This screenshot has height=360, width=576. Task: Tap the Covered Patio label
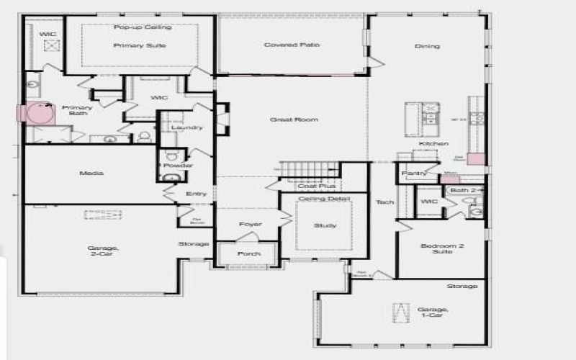point(292,45)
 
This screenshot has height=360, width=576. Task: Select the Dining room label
point(427,47)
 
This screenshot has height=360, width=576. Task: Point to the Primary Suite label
point(140,45)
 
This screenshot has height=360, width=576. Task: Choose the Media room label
point(93,174)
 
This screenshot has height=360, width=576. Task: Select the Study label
point(325,226)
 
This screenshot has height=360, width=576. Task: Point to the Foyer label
point(250,224)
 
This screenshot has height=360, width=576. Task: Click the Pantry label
point(414,173)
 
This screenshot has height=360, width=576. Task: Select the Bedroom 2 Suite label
point(441,249)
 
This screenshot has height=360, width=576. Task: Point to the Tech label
point(384,202)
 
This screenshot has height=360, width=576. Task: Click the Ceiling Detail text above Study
point(324,198)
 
